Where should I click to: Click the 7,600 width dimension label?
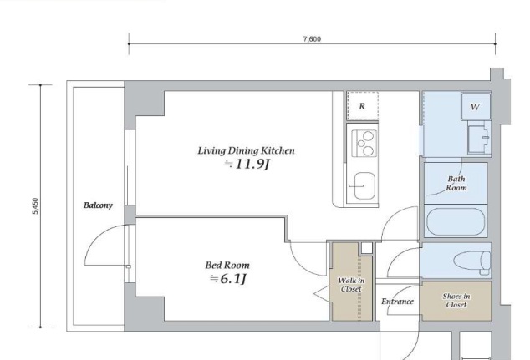coord(312,38)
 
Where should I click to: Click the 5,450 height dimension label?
coord(35,206)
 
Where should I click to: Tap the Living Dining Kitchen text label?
coord(246,150)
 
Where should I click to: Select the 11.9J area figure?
coord(247,165)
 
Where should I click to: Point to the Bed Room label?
coord(227,265)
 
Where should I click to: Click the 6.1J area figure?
coord(228,279)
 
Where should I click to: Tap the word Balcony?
coord(98,205)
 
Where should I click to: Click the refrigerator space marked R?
coord(362,106)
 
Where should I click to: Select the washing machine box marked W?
coord(476,106)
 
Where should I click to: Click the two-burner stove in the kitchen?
coord(364,144)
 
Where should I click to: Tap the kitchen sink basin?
coord(364,185)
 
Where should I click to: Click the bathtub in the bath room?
coord(456,221)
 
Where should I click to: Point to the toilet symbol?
coord(472,262)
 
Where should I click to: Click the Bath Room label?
coord(456,184)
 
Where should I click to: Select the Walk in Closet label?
coord(351,285)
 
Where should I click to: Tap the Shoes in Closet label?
coord(456,300)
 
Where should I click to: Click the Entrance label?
coord(397,302)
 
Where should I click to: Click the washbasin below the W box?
coord(479,139)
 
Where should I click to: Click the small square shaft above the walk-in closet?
coord(367,248)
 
